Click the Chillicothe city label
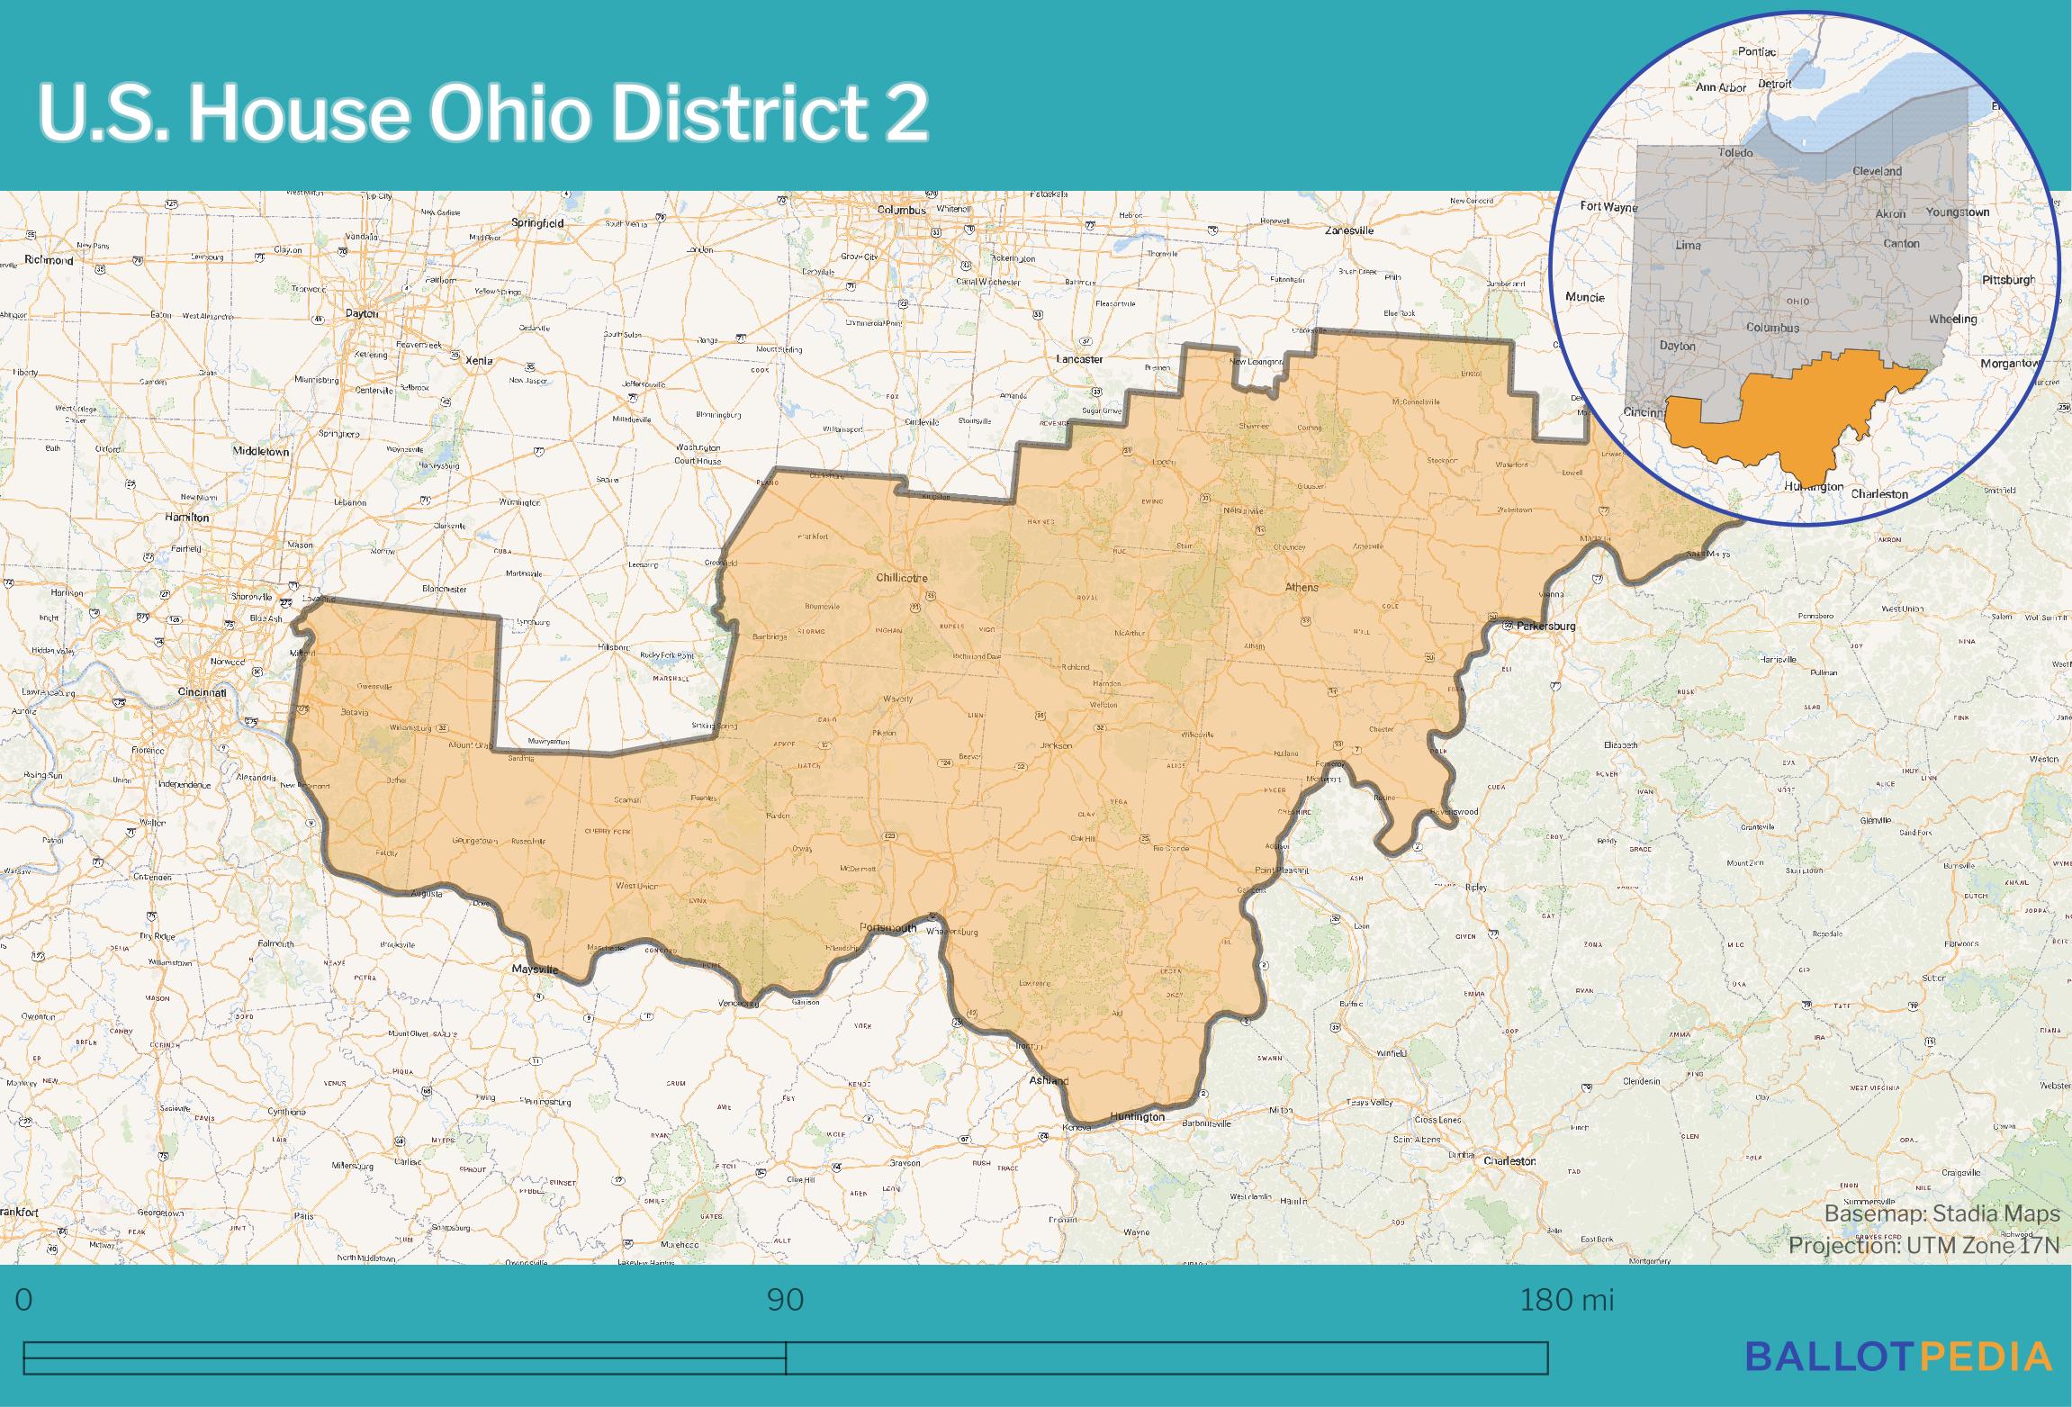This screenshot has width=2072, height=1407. (902, 578)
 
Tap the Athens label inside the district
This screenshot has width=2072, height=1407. (1302, 587)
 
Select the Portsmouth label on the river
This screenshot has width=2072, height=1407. (887, 927)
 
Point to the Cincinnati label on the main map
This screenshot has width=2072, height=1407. (202, 692)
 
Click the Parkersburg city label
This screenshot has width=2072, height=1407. (1545, 626)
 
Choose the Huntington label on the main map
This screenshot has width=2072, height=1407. (1137, 1116)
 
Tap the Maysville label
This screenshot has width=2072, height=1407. (535, 970)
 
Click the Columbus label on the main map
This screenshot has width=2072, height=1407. (901, 210)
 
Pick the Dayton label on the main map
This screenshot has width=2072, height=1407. (362, 314)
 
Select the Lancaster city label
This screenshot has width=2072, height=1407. (1079, 359)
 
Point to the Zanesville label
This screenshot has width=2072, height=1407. (1349, 230)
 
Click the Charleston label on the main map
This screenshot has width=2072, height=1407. (1509, 1161)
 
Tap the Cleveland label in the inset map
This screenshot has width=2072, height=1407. (1877, 171)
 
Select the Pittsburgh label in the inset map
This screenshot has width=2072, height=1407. (2008, 280)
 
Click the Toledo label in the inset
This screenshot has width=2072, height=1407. (1735, 153)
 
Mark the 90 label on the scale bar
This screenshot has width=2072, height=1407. (785, 1300)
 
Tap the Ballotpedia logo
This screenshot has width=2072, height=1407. (1898, 1357)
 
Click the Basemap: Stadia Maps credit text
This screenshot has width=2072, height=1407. (1941, 1214)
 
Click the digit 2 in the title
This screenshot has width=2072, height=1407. (905, 113)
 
